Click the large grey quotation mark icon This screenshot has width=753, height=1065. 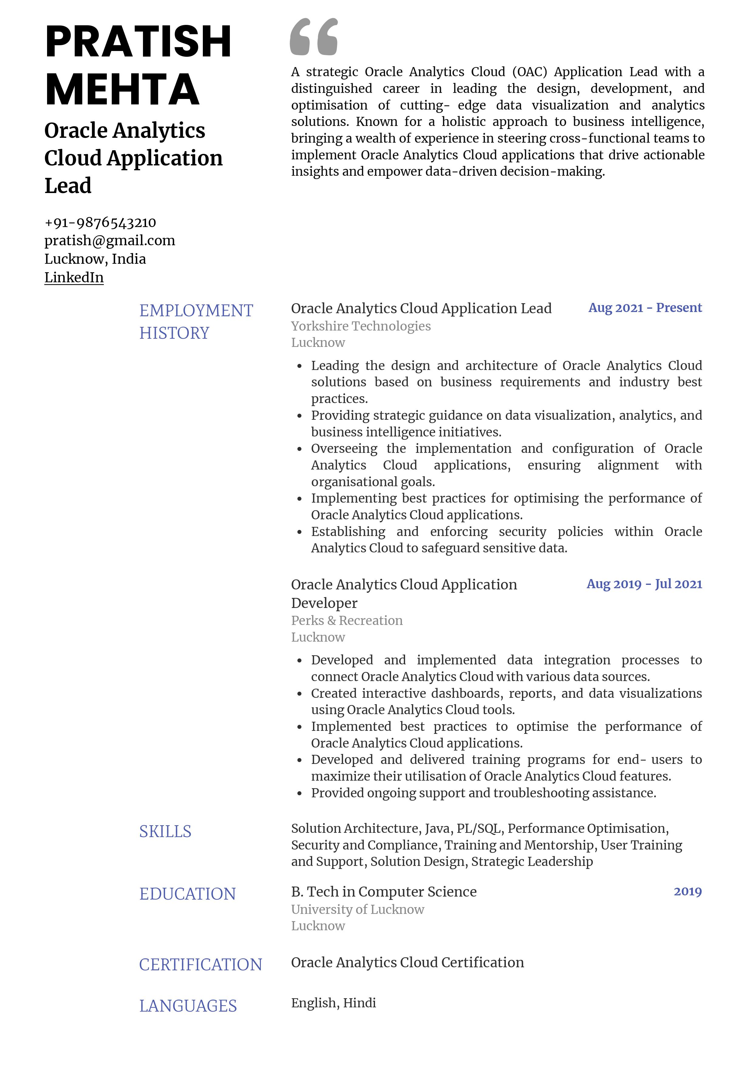pos(314,37)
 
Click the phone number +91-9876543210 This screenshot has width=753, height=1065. pos(100,223)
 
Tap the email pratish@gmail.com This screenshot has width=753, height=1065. pos(110,241)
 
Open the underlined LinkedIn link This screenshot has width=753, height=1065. pos(74,277)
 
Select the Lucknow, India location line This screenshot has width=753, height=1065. pos(95,259)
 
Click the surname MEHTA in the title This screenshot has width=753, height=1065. pos(122,90)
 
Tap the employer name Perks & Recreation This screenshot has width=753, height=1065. pos(346,621)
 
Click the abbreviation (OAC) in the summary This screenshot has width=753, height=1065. pos(529,72)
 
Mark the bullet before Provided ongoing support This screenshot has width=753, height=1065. pos(300,794)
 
